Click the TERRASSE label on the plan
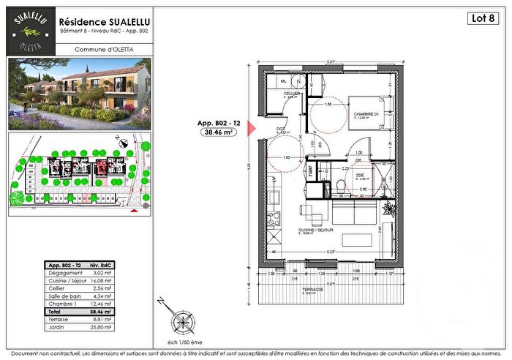point(312,290)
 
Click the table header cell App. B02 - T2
point(64,264)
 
